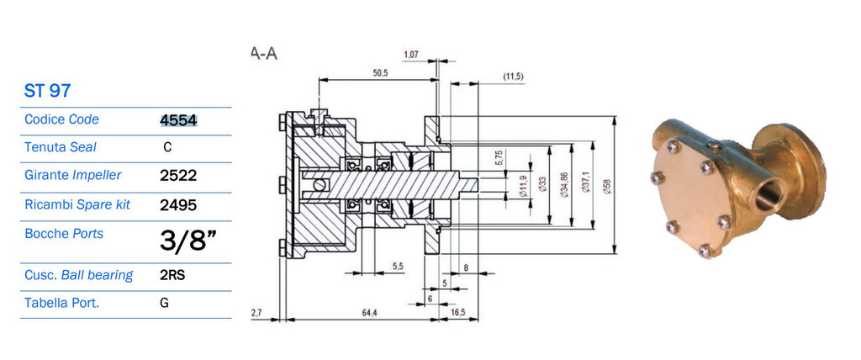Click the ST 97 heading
click(x=47, y=90)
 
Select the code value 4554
click(x=178, y=120)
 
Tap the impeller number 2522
click(x=178, y=176)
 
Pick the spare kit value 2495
click(x=178, y=205)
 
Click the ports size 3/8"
click(x=188, y=241)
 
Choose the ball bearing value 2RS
click(x=172, y=275)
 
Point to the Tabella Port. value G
click(x=164, y=303)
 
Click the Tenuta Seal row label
click(x=61, y=147)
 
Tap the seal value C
click(x=167, y=147)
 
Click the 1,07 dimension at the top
click(x=411, y=55)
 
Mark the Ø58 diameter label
click(x=608, y=185)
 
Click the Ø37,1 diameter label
click(x=586, y=182)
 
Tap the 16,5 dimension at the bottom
click(x=458, y=312)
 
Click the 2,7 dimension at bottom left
click(x=256, y=312)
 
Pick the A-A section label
click(x=263, y=53)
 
